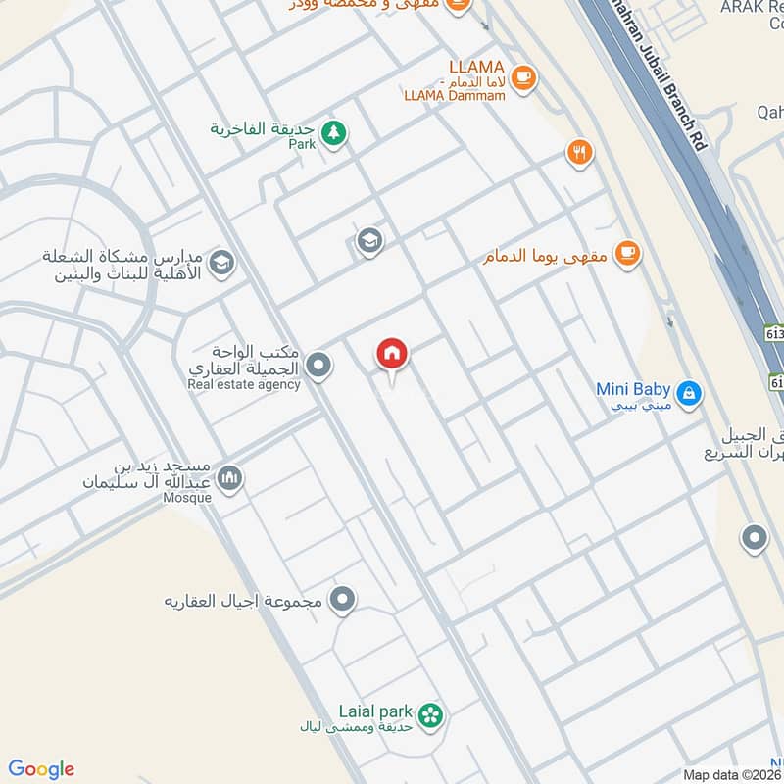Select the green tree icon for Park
tap(334, 132)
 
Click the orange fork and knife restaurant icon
tap(579, 152)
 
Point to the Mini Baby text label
tap(632, 389)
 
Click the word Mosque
tap(186, 498)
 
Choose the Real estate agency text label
tap(244, 384)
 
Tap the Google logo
tap(41, 769)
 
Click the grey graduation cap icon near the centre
tap(369, 241)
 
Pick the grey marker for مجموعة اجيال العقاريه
tap(342, 599)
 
